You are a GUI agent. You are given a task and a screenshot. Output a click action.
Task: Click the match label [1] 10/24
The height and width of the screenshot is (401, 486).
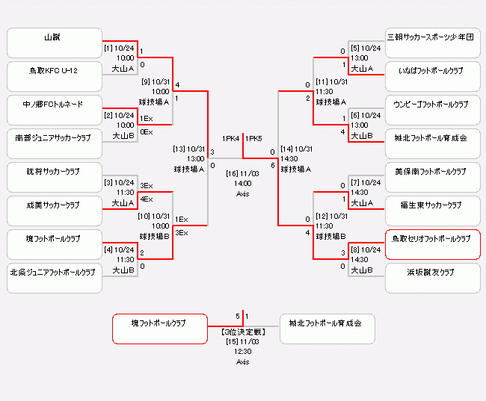pos(118,49)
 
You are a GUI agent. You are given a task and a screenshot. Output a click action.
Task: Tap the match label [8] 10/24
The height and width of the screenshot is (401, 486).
pos(366,249)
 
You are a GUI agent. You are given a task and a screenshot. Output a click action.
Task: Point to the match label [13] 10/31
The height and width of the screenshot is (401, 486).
pos(188,149)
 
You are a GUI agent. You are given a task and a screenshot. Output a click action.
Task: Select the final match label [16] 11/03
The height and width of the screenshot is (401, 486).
pos(242,173)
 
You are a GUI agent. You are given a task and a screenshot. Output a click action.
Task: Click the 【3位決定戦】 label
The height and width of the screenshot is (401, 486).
pos(242,331)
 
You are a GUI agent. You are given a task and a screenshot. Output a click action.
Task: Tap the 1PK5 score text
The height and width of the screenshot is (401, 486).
pos(254,139)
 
